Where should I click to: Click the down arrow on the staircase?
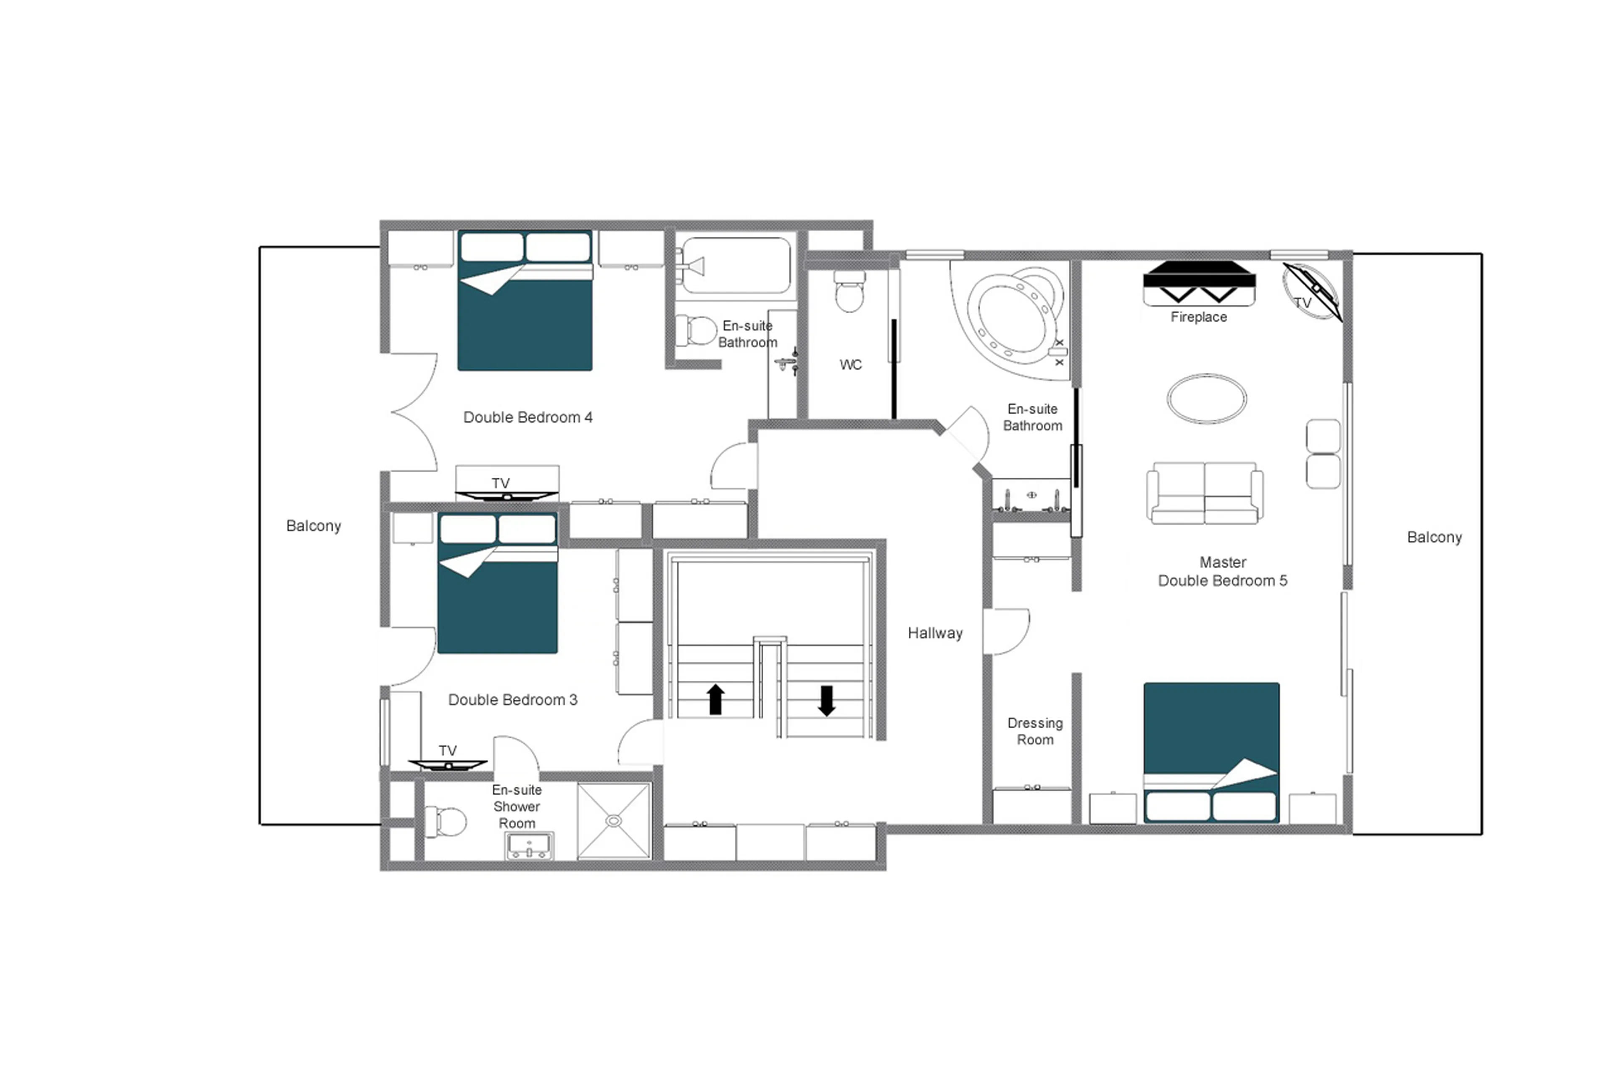point(827,701)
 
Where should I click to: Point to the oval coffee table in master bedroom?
point(1206,399)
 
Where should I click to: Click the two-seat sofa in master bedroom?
point(1205,493)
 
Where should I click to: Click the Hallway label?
point(934,633)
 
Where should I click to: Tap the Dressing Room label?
point(1034,731)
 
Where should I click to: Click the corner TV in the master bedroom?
point(1311,292)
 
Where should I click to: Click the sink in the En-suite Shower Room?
point(530,846)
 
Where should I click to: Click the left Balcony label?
point(314,526)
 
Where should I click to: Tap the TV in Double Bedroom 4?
point(506,494)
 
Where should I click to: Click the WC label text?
point(850,365)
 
